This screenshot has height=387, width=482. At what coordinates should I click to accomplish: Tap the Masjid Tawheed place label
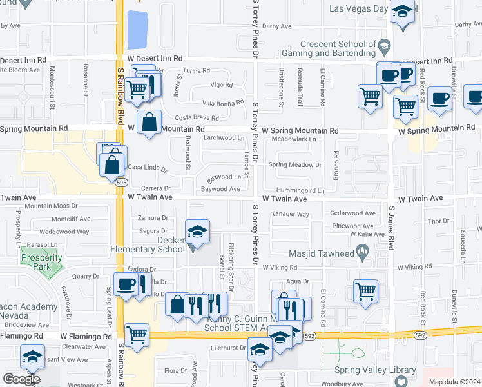tap(322, 254)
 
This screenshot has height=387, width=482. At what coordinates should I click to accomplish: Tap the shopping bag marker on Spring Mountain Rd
tap(149, 121)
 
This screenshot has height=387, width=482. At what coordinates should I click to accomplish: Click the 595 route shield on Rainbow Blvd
tap(121, 182)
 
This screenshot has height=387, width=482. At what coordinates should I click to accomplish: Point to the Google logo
tap(21, 379)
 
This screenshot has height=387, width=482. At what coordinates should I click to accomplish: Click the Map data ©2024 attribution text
tap(454, 382)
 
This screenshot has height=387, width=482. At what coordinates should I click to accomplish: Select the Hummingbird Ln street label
tap(300, 191)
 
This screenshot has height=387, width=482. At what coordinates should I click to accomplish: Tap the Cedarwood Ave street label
tap(352, 213)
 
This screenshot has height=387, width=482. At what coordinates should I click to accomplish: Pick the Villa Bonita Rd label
tap(223, 102)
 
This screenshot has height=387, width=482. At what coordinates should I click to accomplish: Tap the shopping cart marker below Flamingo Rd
tap(137, 335)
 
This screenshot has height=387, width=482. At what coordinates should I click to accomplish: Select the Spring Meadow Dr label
tap(294, 165)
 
